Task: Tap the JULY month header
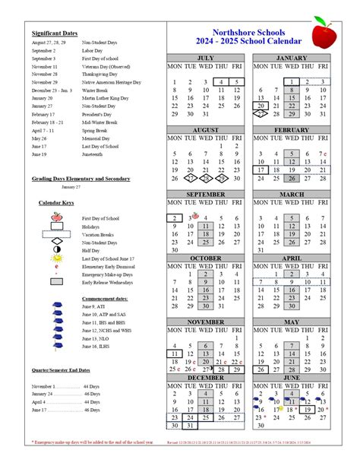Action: point(205,58)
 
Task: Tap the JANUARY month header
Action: point(291,58)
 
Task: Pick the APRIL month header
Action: point(291,258)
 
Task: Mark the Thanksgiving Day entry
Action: point(101,74)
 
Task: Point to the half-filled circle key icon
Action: point(56,249)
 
